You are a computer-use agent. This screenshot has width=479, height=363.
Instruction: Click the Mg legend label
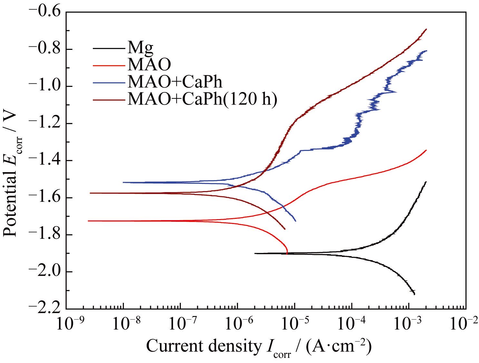140,48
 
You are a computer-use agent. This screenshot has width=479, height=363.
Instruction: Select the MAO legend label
149,65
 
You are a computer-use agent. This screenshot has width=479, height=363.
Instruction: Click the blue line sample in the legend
109,82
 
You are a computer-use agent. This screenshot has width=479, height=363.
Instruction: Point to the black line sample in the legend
109,48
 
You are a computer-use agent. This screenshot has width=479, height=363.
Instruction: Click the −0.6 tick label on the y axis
44,12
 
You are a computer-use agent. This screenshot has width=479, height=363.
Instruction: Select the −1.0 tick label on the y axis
44,86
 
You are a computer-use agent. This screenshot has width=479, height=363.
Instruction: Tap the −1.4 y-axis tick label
44,160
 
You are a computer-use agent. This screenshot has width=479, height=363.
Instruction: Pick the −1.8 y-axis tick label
44,235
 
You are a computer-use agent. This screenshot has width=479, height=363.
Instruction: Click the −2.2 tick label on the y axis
44,308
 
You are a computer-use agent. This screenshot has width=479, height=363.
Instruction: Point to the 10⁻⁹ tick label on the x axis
69,323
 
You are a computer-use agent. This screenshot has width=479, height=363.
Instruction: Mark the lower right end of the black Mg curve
414,294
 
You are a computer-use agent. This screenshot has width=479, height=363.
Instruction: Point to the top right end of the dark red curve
426,29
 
